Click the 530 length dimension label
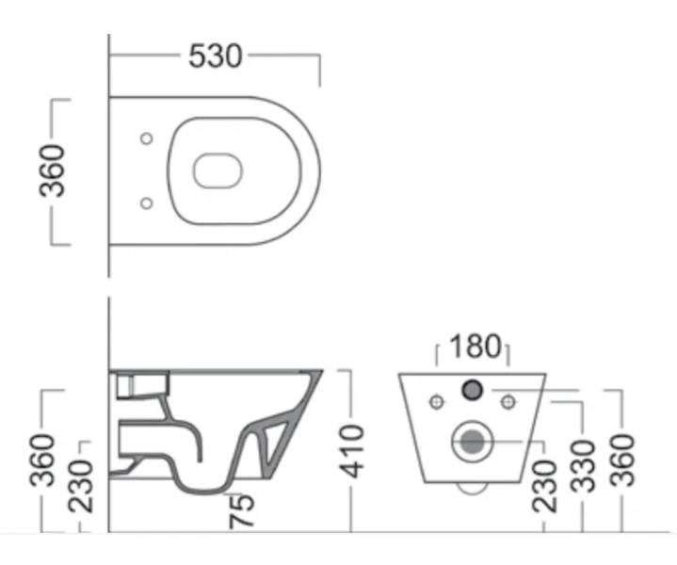[216, 57]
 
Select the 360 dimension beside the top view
[57, 170]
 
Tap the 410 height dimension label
[350, 451]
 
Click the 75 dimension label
[242, 509]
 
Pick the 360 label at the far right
[623, 460]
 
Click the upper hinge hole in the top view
[145, 139]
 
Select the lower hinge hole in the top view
[145, 202]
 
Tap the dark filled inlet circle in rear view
[473, 389]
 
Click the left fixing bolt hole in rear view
[436, 402]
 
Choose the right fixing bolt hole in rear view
[508, 402]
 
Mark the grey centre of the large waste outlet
[473, 441]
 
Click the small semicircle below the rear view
[473, 487]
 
